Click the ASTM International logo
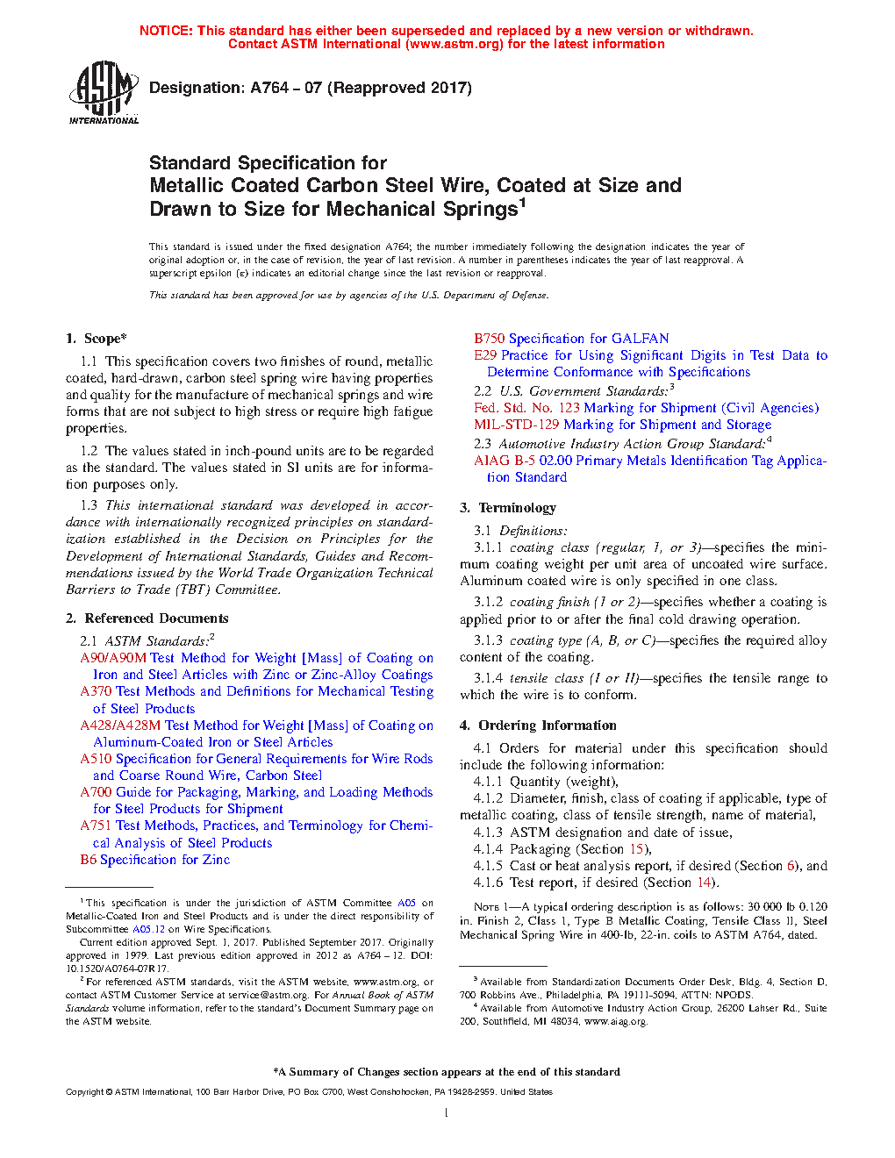click(104, 92)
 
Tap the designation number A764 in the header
click(269, 88)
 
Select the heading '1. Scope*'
click(97, 339)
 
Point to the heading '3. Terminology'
click(508, 508)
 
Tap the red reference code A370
click(96, 691)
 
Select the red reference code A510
click(96, 759)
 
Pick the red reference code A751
click(96, 826)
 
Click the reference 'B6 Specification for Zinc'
click(154, 860)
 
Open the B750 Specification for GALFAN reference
click(571, 339)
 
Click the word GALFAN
click(641, 339)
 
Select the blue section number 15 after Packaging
click(636, 849)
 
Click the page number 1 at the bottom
click(447, 1113)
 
